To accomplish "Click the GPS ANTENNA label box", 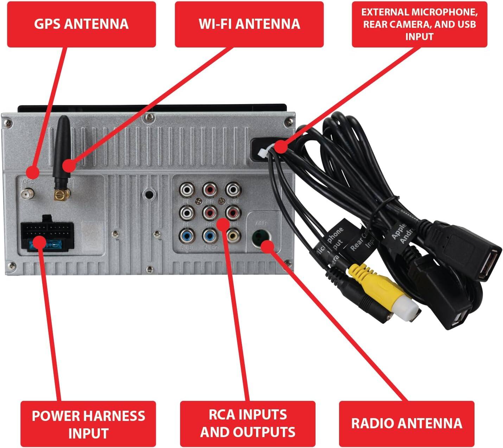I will [x=81, y=24].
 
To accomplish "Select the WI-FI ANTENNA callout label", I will [x=249, y=24].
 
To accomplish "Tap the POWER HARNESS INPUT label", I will [x=88, y=424].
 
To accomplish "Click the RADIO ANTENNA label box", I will [x=406, y=423].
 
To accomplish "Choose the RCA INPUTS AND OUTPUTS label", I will [x=248, y=423].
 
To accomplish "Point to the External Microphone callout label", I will [x=419, y=24].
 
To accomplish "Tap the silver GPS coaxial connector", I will [x=26, y=194].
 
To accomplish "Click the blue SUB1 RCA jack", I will [x=186, y=236].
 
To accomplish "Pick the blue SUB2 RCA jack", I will [x=210, y=236].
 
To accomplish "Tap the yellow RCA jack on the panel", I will [x=233, y=235].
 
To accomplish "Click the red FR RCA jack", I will [x=210, y=190].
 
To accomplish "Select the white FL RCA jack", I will [x=186, y=190].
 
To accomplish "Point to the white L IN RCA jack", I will [x=233, y=190].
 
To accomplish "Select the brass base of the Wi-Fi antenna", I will [x=61, y=194].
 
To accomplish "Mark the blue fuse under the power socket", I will [x=49, y=243].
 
